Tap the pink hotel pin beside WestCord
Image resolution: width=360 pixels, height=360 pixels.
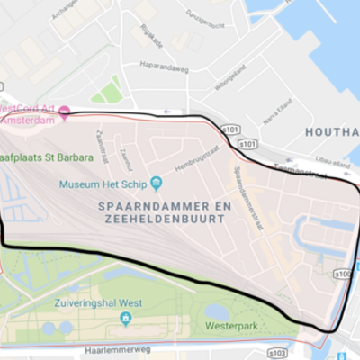pos(65,112)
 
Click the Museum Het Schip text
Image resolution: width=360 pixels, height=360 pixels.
pos(103,184)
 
